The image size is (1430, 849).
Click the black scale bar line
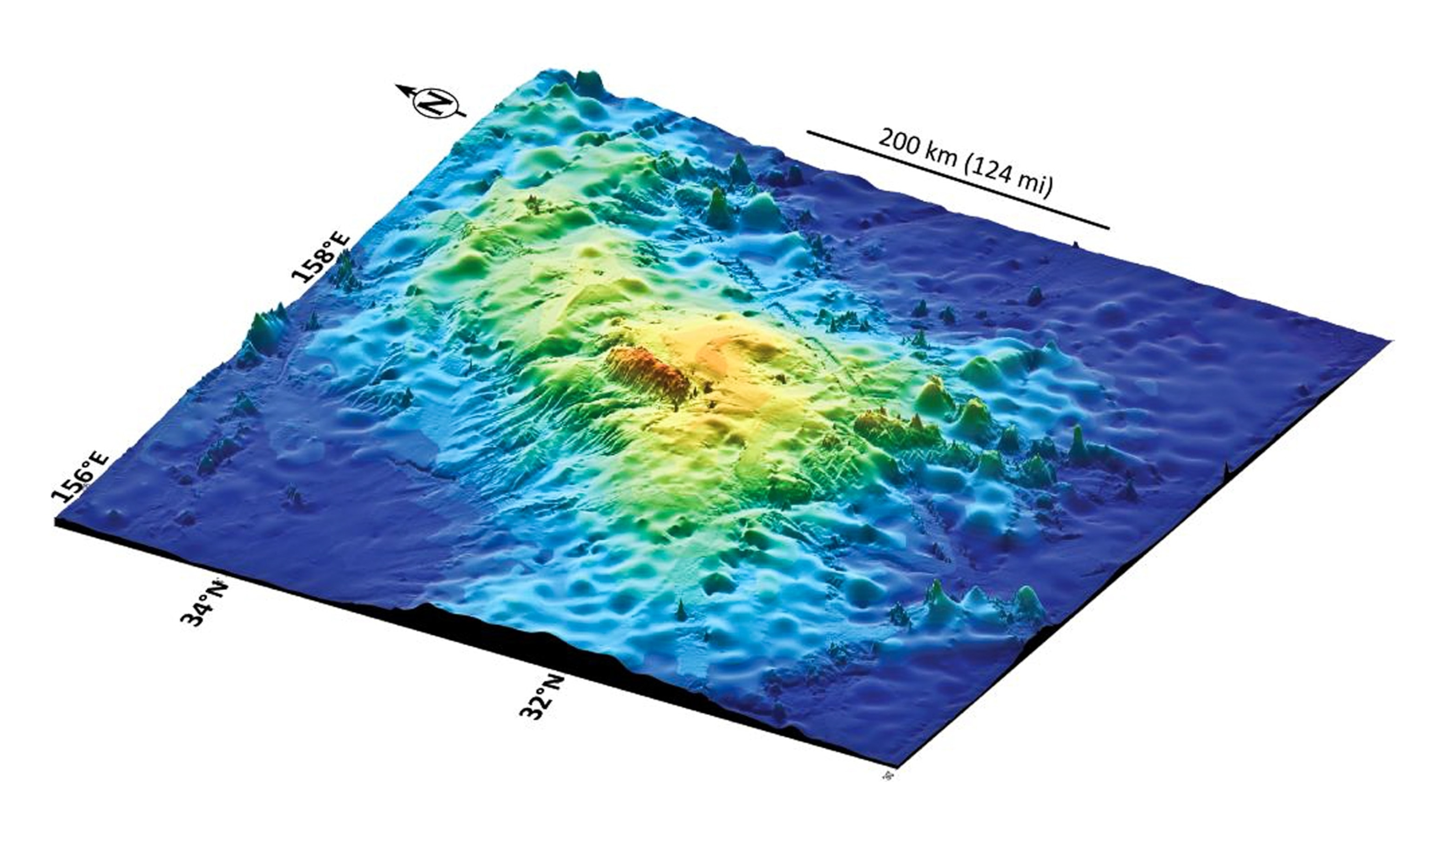click(x=958, y=180)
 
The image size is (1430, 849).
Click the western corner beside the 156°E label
click(x=56, y=520)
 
